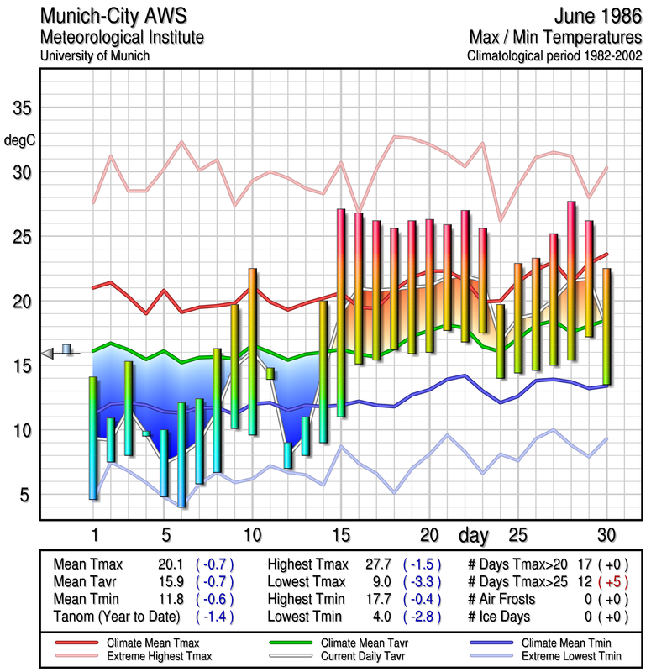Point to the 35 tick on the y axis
tap(22, 108)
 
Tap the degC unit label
tap(19, 139)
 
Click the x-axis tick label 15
tap(341, 534)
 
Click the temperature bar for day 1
tap(93, 438)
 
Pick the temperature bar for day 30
tap(606, 326)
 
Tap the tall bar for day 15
tap(341, 312)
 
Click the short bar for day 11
tap(270, 373)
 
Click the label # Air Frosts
tap(505, 599)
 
